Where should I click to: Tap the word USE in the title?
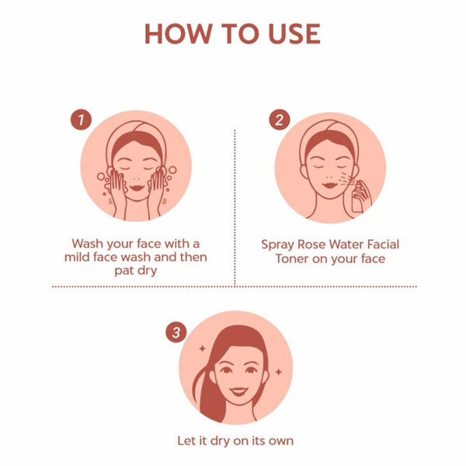point(294,33)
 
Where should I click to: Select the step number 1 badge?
point(81,120)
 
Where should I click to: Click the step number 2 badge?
point(280,120)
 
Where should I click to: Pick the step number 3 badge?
point(176,332)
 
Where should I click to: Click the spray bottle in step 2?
point(357,197)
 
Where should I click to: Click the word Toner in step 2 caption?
point(292,259)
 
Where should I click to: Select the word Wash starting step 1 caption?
point(88,244)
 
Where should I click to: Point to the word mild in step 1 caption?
point(77,257)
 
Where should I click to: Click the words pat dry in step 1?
point(136,271)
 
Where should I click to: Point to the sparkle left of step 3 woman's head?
point(203,348)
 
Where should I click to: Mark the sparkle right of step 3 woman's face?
point(279,372)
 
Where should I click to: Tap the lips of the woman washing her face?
point(137,188)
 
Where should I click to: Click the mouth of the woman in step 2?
point(330,186)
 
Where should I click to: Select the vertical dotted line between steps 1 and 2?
point(235,207)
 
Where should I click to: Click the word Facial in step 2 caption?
point(383,245)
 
